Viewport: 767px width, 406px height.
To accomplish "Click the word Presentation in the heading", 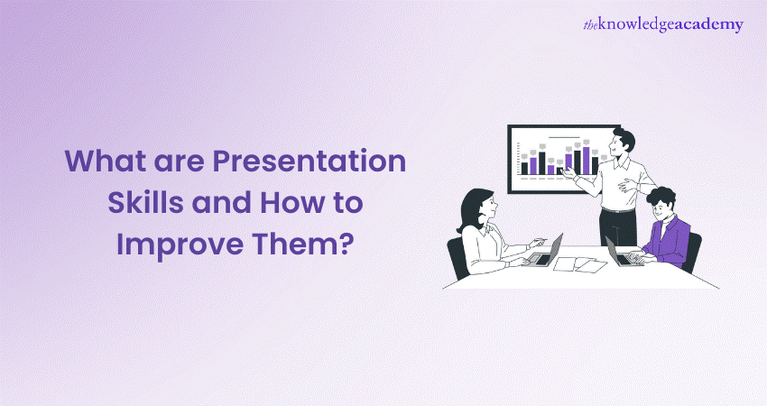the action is (310, 161).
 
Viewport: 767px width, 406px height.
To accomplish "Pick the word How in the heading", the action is (291, 202).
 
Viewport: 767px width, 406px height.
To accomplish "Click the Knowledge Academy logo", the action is (663, 25).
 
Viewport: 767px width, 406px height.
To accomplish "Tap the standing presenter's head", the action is (624, 143).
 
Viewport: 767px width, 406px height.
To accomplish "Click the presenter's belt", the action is (618, 210).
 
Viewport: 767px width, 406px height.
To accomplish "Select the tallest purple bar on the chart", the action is (586, 161).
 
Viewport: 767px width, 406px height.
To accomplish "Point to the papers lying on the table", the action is (579, 264).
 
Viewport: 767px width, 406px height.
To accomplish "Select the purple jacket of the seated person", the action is (669, 241).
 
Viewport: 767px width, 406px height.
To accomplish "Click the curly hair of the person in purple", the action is (661, 196).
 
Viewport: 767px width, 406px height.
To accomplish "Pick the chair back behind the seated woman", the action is (457, 257).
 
